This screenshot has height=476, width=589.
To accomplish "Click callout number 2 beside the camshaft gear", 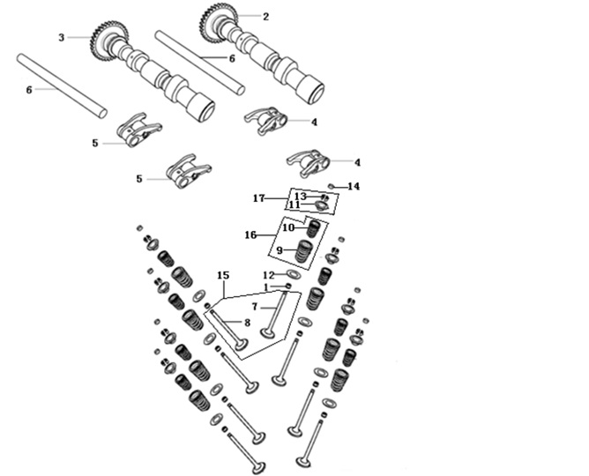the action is (266, 17).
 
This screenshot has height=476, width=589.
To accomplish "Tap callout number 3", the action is (62, 38).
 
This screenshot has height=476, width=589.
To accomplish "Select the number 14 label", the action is (354, 186).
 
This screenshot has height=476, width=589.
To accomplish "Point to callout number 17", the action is (259, 197).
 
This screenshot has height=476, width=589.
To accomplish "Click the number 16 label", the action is (250, 235).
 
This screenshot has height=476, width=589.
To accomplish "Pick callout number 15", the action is (223, 275).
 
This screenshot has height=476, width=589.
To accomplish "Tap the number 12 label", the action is (269, 276).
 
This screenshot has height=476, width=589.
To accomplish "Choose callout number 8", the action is (247, 323).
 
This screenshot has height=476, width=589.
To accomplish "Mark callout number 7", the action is (255, 307).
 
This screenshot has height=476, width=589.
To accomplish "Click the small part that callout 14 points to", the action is (332, 186).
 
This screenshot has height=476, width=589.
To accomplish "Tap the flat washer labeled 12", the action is (294, 273).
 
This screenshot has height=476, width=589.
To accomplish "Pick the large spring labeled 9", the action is (305, 251).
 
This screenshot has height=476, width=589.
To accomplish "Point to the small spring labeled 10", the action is (313, 228).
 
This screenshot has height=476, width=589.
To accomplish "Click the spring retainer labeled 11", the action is (322, 205).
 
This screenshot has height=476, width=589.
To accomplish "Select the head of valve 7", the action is (268, 333).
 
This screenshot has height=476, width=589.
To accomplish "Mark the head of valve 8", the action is (242, 345).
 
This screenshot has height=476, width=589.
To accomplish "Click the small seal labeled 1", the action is (288, 286).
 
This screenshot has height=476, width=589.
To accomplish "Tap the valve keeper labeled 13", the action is (325, 197).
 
